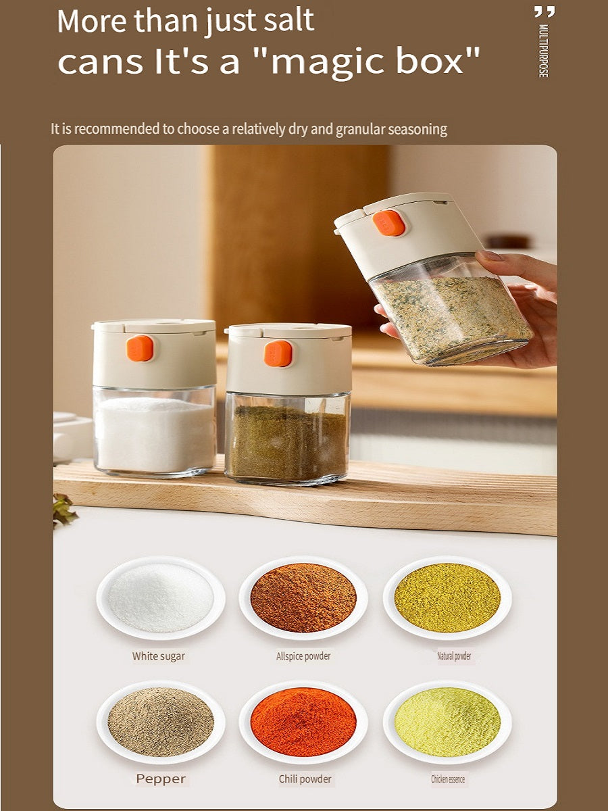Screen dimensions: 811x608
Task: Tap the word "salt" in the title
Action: point(289,20)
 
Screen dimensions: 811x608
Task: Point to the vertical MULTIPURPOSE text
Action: point(542,51)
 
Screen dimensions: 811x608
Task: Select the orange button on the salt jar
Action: point(140,348)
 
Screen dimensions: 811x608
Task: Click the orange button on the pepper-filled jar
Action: point(278,353)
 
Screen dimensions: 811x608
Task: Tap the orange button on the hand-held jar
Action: point(390,223)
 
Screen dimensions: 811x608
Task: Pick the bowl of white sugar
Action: point(161,597)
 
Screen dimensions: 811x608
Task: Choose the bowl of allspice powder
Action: point(303,597)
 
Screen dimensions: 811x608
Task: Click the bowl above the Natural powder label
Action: point(447,597)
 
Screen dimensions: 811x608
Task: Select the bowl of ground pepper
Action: point(161,722)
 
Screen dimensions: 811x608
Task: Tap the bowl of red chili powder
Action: point(303,722)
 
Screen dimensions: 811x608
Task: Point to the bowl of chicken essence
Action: point(447,722)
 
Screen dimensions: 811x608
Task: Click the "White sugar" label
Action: point(158,656)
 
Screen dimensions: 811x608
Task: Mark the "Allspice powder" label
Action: point(303,656)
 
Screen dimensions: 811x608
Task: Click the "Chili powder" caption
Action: point(305,779)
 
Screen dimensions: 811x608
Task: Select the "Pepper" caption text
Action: point(161,779)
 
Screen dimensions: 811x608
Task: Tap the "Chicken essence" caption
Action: point(448,779)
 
